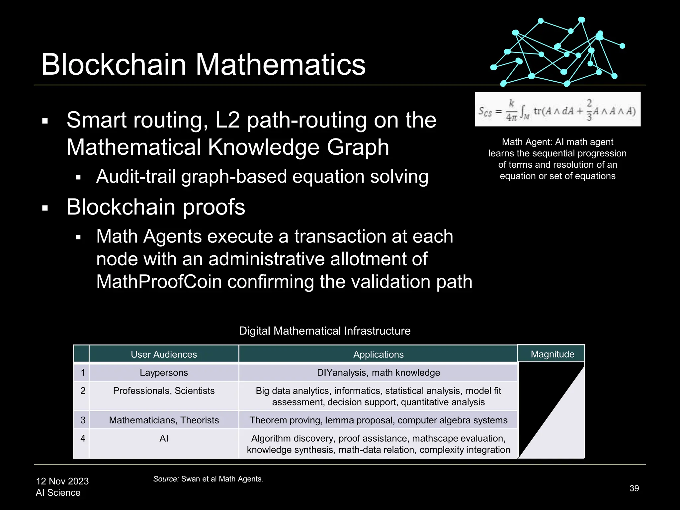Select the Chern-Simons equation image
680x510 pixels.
click(557, 109)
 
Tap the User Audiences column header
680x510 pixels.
click(164, 354)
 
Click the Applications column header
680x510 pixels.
click(378, 354)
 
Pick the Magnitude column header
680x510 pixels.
click(552, 354)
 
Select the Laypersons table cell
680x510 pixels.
click(164, 373)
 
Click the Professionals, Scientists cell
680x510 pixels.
click(164, 391)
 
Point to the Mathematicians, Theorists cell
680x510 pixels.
click(164, 420)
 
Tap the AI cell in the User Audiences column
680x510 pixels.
click(164, 438)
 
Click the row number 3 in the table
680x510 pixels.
click(83, 420)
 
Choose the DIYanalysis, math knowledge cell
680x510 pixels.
click(378, 373)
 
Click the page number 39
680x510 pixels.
click(634, 488)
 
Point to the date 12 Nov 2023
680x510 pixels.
click(62, 481)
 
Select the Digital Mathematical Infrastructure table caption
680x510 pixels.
click(325, 331)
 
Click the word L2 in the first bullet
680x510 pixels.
click(227, 120)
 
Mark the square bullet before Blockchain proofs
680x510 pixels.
click(45, 209)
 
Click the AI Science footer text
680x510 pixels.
click(58, 492)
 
